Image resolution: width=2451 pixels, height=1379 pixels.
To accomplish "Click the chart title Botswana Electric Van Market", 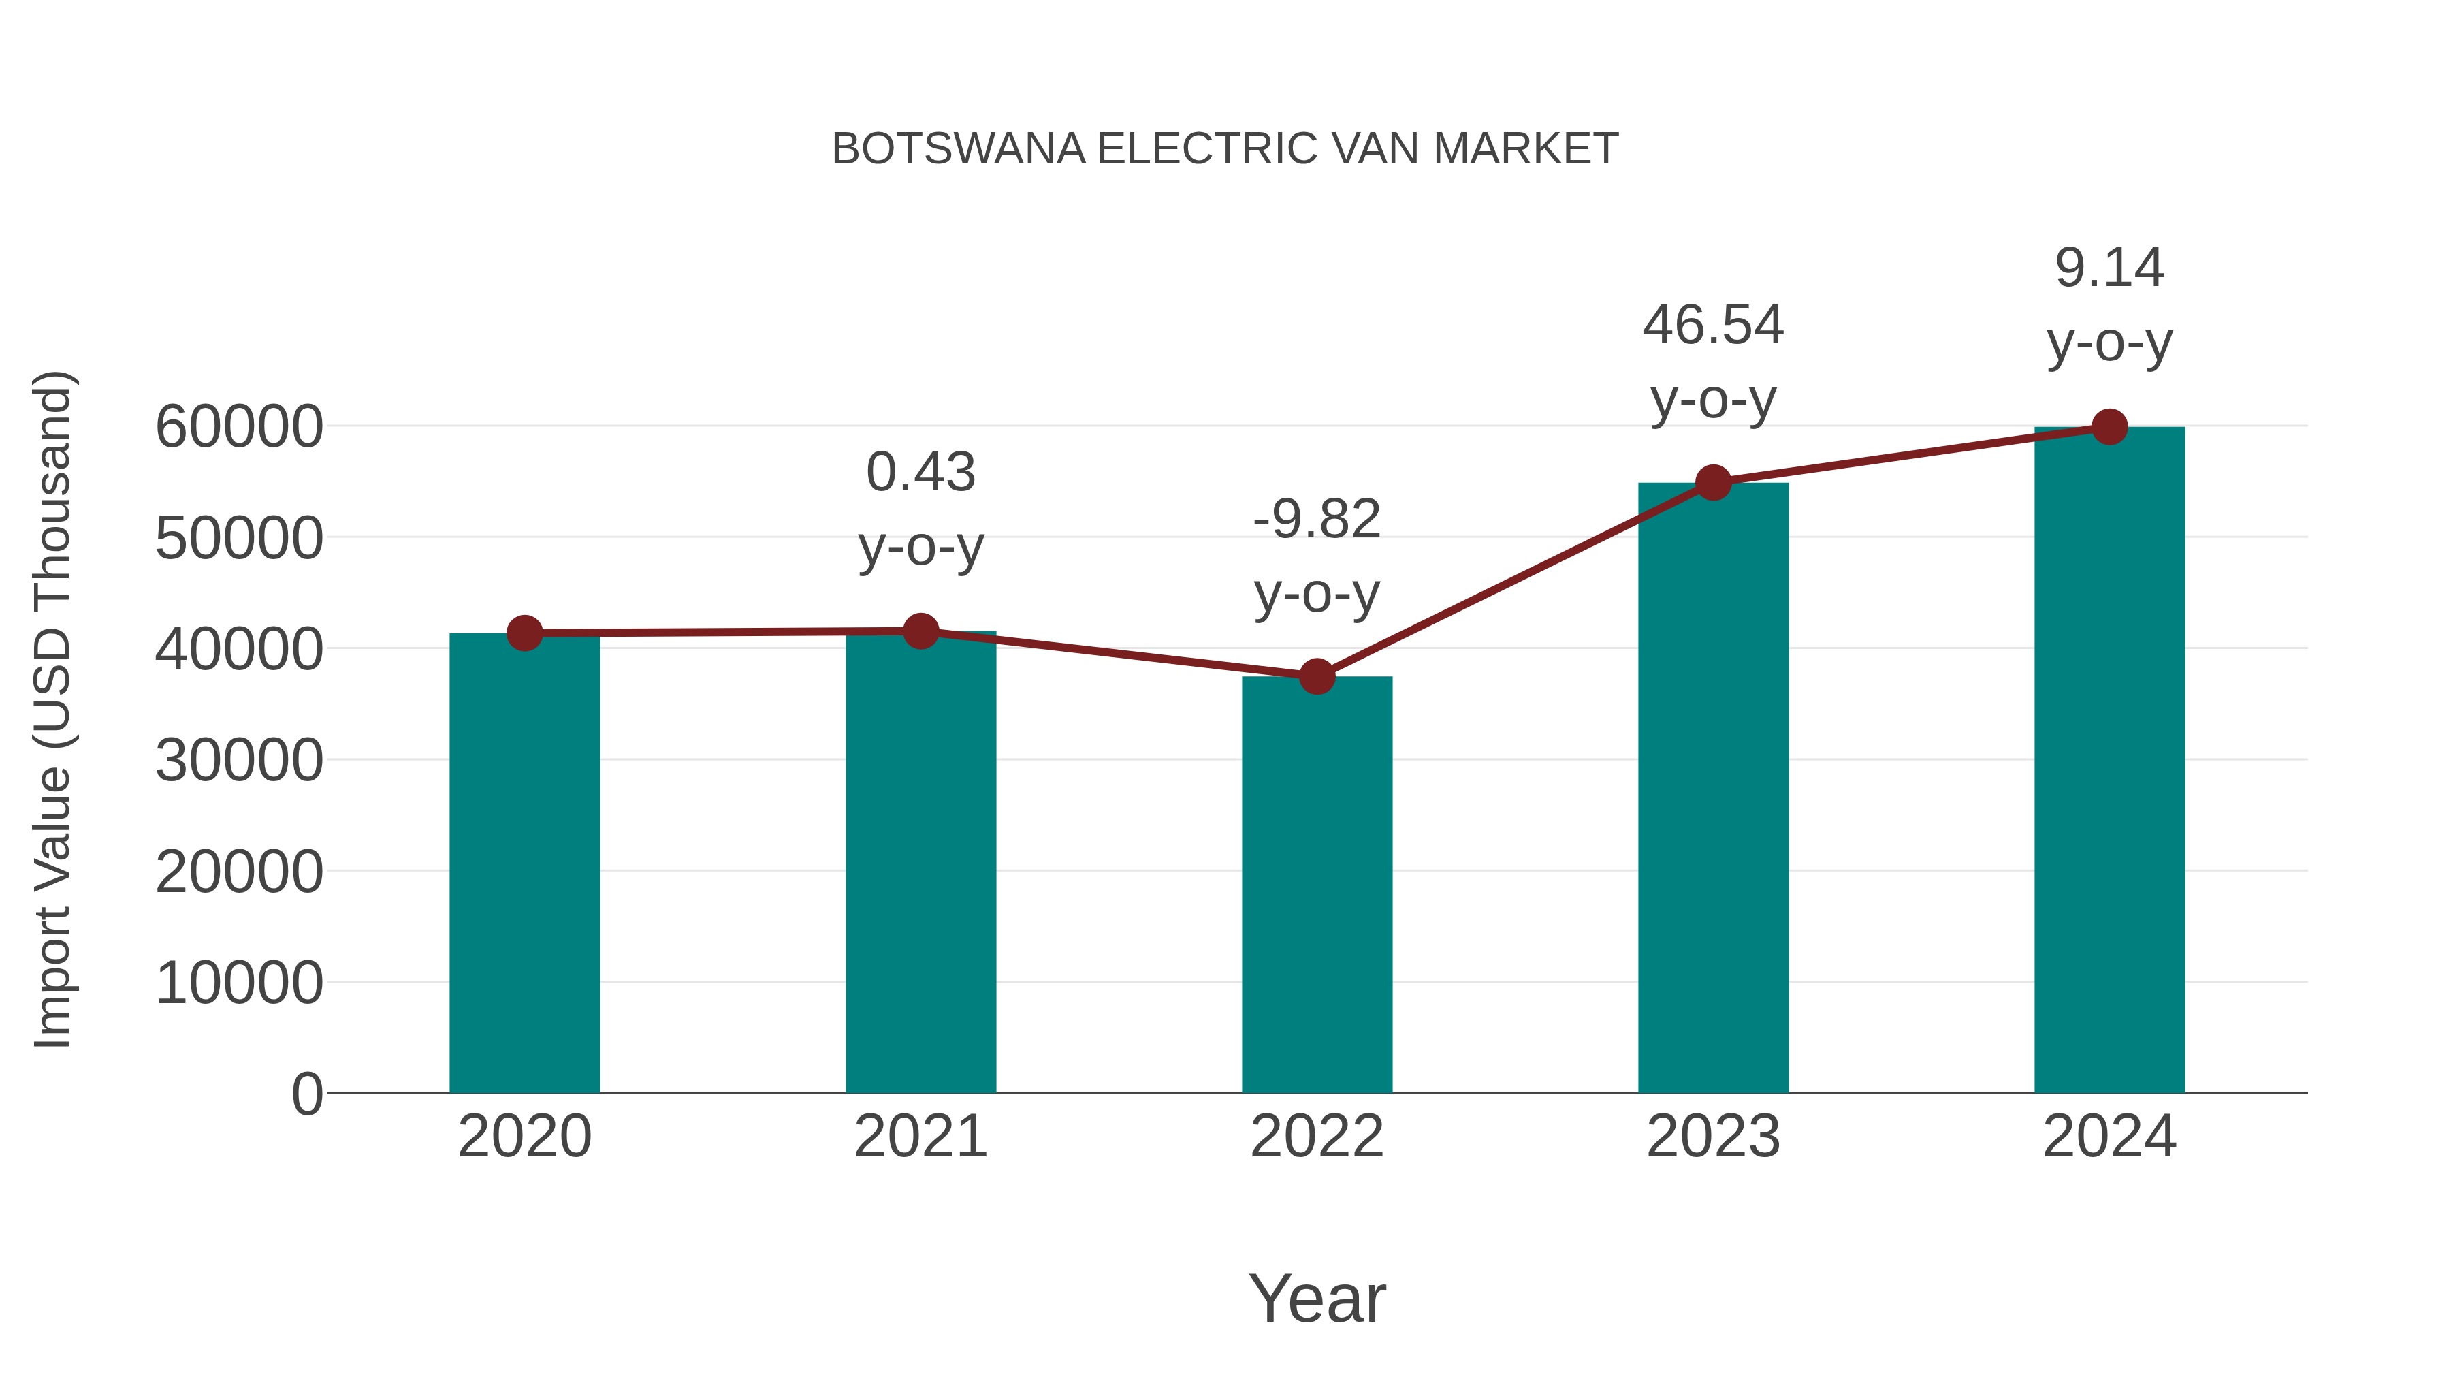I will [1225, 149].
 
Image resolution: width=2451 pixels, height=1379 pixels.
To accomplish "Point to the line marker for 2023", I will [1713, 483].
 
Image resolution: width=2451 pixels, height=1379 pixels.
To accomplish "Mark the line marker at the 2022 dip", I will [1317, 677].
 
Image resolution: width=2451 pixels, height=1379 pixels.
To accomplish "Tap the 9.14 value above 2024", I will [2109, 268].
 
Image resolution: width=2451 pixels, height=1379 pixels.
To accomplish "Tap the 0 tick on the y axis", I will [306, 1094].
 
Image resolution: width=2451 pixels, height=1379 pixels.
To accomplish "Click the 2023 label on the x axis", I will [1713, 1137].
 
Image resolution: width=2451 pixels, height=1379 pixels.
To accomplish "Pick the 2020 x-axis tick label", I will [524, 1137].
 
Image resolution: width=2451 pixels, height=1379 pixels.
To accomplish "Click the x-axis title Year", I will [1317, 1298].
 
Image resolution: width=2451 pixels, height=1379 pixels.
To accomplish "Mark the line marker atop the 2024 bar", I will [2109, 427].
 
